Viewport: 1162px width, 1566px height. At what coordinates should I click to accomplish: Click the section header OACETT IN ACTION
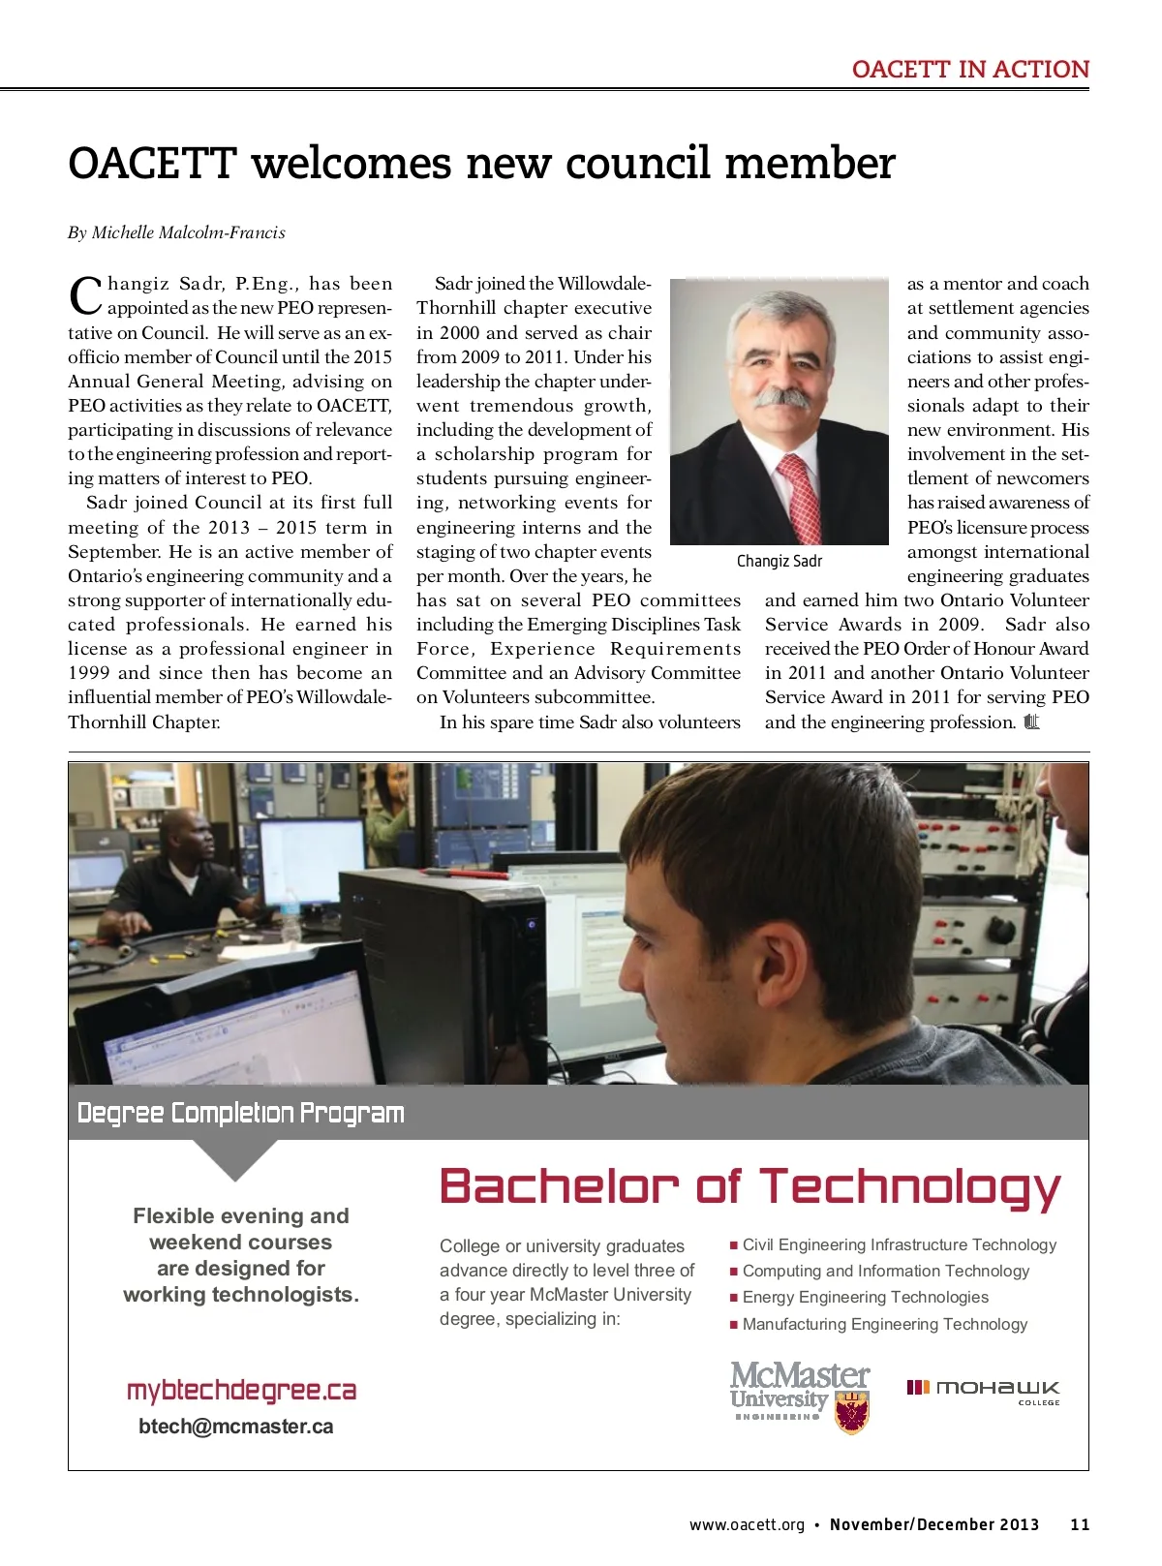[970, 70]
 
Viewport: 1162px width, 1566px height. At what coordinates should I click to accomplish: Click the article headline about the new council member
[481, 163]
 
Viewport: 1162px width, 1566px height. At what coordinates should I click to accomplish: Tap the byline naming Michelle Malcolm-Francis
[176, 232]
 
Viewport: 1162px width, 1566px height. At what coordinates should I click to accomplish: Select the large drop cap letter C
[85, 295]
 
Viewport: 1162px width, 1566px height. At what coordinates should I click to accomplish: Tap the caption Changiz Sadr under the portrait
[779, 562]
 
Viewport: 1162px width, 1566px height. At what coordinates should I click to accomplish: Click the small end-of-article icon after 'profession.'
[1031, 722]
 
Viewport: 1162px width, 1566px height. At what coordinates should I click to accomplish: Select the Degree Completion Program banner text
[240, 1113]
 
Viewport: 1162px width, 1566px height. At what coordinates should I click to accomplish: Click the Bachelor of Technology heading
[750, 1185]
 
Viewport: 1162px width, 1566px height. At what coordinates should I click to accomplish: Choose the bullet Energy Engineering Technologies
[865, 1297]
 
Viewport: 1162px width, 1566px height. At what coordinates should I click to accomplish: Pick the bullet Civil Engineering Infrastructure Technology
[899, 1244]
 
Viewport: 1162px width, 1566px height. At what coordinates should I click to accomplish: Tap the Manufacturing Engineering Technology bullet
[884, 1324]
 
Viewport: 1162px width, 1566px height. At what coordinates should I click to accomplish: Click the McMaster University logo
[800, 1396]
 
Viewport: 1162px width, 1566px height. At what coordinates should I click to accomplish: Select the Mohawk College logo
[983, 1392]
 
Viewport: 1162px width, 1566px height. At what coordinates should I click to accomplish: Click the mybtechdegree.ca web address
[241, 1391]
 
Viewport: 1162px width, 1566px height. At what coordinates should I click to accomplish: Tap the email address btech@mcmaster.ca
[236, 1427]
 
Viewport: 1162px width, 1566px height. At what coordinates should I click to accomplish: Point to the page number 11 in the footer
[1080, 1524]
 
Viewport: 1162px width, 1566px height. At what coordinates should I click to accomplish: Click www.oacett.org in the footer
[747, 1524]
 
